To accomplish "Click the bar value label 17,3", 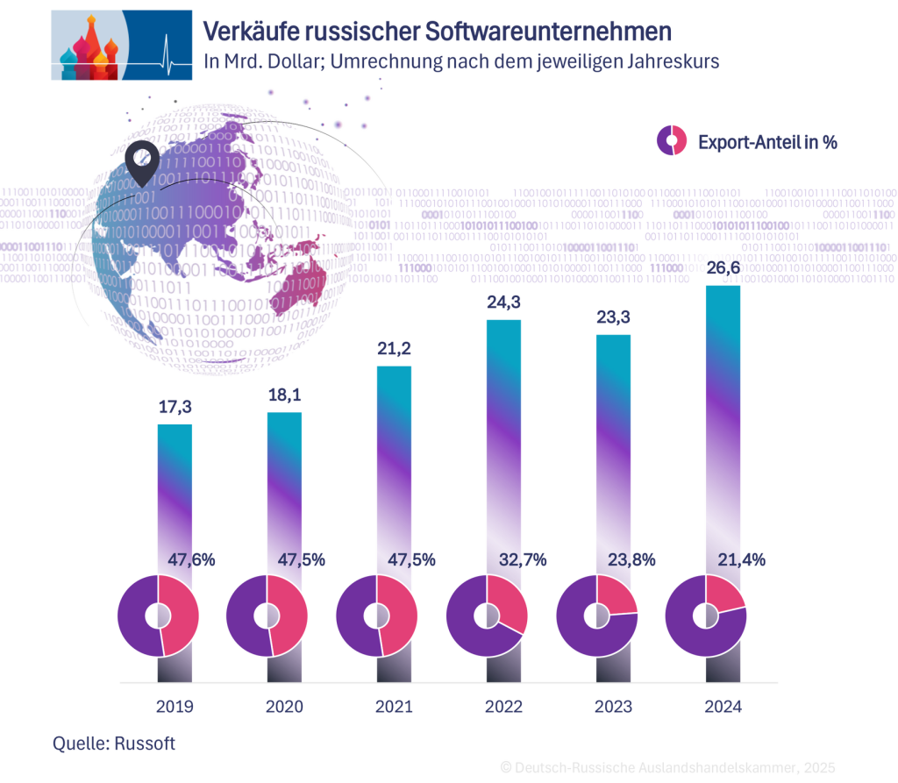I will click(175, 408).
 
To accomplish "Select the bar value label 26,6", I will click(723, 268).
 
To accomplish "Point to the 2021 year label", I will click(394, 707).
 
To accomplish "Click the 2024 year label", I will click(723, 707).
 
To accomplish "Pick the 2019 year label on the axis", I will click(175, 707).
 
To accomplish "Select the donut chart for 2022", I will click(488, 616).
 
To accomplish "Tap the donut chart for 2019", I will click(159, 616).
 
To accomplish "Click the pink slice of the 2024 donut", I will click(725, 595).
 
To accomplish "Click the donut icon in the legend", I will click(672, 141).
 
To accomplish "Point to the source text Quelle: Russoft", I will click(114, 744).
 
